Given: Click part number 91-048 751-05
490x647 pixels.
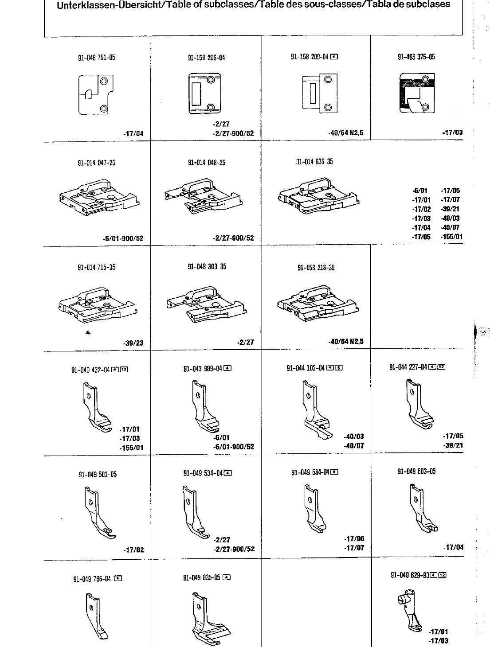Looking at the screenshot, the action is (96, 58).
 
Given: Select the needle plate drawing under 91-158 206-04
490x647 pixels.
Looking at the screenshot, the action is (202, 94).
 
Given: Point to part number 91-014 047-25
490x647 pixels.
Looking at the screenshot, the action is (96, 163).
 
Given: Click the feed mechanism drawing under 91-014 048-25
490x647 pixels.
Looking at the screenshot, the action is (204, 195).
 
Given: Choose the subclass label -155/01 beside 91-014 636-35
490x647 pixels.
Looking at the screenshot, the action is (451, 237).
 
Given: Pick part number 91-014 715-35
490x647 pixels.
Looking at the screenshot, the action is (96, 267).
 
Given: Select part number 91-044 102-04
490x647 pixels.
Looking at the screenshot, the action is (306, 368).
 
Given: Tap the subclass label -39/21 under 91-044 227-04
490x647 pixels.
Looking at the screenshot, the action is (453, 445).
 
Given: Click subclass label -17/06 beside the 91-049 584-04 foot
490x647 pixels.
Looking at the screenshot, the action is (354, 539).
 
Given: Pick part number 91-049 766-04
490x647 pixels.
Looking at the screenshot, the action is (92, 579).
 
